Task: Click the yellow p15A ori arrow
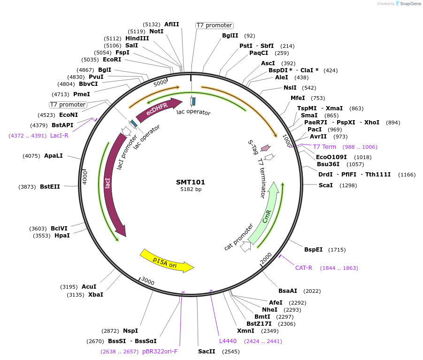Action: pos(167,261)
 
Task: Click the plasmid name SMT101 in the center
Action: pos(191,182)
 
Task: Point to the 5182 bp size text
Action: pos(191,190)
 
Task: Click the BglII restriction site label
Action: pos(230,36)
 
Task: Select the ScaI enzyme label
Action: pos(325,185)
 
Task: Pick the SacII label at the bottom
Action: pos(207,352)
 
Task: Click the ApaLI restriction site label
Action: pos(53,156)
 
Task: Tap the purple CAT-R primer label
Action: pos(303,268)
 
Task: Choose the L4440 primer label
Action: pos(228,341)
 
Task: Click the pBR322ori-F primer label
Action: pos(160,352)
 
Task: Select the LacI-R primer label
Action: pos(59,136)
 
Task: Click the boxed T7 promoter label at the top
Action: pos(214,25)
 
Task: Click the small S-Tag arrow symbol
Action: pos(265,148)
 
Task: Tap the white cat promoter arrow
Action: pos(245,247)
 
